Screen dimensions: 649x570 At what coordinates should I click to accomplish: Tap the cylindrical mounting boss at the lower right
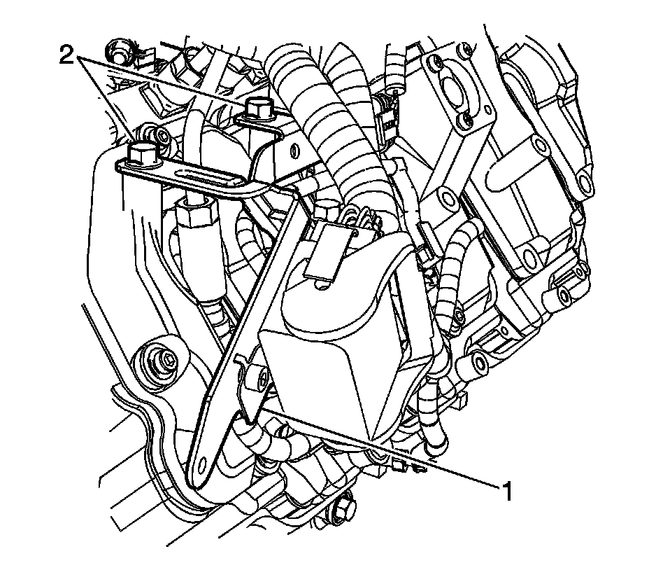click(x=480, y=361)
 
